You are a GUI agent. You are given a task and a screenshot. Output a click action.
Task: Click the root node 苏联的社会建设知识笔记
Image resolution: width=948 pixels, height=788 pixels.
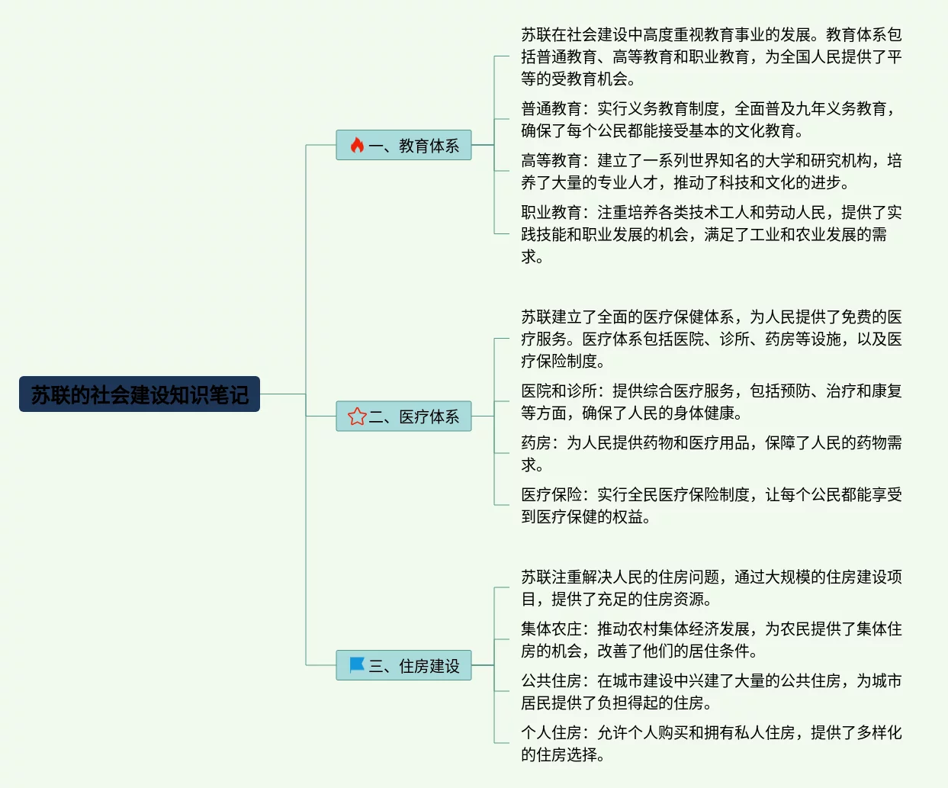140,394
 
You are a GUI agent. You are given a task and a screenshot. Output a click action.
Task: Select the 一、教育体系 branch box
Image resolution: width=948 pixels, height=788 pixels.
403,145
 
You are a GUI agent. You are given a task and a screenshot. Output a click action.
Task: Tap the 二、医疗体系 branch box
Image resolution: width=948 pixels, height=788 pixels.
403,417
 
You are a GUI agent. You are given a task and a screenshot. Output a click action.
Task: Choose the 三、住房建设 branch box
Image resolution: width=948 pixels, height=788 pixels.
403,665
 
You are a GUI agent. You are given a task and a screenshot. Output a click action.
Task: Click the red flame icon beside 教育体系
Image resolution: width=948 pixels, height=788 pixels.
357,145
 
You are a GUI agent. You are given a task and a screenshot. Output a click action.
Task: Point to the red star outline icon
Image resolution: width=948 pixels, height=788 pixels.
357,417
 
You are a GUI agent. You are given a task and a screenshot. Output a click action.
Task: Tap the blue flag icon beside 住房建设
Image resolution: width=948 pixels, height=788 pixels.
357,665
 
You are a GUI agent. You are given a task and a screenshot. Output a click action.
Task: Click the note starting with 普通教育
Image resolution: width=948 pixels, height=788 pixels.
709,120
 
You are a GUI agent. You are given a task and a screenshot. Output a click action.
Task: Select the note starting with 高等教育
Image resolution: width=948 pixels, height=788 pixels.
709,172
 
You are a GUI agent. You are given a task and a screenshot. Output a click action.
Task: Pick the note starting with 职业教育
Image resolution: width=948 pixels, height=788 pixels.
709,234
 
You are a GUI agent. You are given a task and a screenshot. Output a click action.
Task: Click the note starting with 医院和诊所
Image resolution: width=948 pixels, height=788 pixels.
709,402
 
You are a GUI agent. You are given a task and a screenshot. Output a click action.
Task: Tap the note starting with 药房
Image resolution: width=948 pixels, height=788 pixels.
709,454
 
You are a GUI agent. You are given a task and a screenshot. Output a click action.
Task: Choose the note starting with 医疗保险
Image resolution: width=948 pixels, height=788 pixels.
709,506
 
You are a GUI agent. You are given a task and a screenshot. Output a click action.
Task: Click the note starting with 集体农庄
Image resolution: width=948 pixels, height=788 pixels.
709,640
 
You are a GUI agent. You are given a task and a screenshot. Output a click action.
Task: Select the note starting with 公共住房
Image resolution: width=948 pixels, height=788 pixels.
709,692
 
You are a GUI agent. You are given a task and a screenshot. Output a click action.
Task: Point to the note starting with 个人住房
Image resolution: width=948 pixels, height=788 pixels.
709,744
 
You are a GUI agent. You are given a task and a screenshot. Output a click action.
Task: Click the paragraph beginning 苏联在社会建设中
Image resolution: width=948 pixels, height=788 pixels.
709,56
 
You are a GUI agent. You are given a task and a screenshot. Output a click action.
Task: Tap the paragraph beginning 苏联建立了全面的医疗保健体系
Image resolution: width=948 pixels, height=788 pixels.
709,339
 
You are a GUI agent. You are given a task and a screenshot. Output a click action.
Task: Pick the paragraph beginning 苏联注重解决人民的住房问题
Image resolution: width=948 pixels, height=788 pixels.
709,588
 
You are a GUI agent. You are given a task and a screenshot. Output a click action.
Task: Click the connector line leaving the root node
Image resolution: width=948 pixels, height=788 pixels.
282,394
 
